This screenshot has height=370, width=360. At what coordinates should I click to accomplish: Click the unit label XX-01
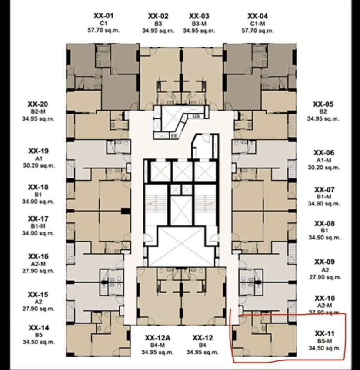104,16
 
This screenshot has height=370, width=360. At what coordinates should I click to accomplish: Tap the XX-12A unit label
158,338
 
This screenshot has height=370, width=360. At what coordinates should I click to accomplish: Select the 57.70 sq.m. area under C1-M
257,30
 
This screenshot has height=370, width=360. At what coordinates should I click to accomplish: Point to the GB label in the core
196,116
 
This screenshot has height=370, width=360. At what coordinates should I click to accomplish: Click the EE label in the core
174,136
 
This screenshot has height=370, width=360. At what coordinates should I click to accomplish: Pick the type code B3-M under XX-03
199,24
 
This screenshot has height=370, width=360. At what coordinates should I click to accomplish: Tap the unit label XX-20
38,104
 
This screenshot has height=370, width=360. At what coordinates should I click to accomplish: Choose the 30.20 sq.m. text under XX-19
39,166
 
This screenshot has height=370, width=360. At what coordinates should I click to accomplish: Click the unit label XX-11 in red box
324,333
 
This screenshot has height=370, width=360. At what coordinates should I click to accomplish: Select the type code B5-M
325,341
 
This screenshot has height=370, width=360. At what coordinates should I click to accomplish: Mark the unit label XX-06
324,153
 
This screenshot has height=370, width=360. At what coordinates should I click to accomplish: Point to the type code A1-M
324,161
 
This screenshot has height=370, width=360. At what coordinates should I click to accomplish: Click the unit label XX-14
39,328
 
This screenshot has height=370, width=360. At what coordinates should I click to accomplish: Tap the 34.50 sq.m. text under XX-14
39,342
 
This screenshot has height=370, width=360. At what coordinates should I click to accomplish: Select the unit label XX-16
38,256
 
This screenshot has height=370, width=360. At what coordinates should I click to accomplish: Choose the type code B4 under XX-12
203,345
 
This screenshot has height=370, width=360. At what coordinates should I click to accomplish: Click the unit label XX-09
324,262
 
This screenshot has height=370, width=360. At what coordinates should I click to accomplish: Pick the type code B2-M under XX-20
38,111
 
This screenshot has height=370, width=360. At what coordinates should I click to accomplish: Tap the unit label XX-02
158,16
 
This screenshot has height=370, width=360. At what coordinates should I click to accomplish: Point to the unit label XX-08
324,223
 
